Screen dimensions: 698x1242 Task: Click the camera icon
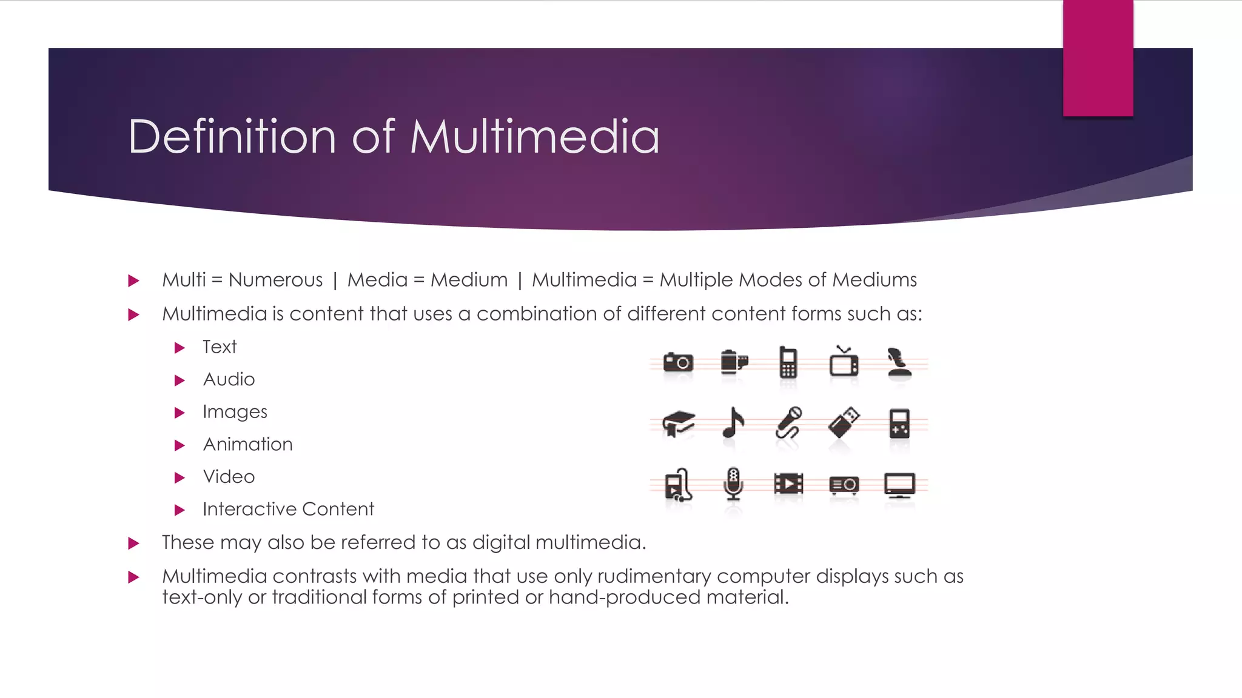pyautogui.click(x=678, y=362)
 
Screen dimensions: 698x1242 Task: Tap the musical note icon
pyautogui.click(x=733, y=422)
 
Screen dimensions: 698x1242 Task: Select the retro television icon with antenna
pyautogui.click(x=844, y=362)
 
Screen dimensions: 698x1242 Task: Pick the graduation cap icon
pyautogui.click(x=678, y=423)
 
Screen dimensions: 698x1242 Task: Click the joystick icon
pyautogui.click(x=899, y=362)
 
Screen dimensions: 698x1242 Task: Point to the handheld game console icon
pyautogui.click(x=899, y=423)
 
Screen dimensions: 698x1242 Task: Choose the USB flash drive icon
pyautogui.click(x=844, y=422)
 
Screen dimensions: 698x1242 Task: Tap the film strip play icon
pyautogui.click(x=788, y=484)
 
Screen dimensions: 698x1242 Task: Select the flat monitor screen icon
pyautogui.click(x=899, y=485)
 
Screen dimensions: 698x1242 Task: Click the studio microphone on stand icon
pyautogui.click(x=733, y=484)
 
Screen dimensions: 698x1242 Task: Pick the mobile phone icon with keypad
pyautogui.click(x=788, y=362)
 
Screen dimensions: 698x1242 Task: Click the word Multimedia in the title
pyautogui.click(x=535, y=137)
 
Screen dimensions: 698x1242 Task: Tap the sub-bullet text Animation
pyautogui.click(x=247, y=445)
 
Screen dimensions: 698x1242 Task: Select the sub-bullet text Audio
pyautogui.click(x=229, y=380)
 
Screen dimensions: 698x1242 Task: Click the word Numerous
pyautogui.click(x=275, y=280)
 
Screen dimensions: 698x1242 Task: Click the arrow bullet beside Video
pyautogui.click(x=180, y=477)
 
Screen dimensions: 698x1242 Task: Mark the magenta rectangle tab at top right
pyautogui.click(x=1098, y=58)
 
